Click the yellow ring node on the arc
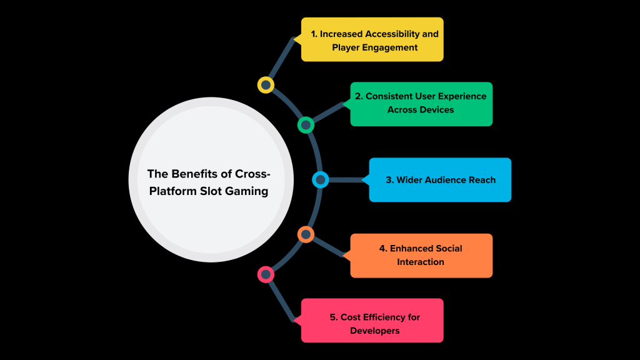point(266,85)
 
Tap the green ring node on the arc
point(306,125)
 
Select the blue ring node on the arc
point(320,180)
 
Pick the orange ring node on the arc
point(306,235)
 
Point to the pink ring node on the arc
point(266,274)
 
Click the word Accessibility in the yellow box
point(395,34)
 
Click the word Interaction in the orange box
point(421,261)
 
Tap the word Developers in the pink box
point(375,330)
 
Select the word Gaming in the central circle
point(249,191)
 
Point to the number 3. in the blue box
point(389,180)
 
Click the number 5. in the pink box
point(334,317)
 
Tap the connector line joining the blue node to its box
point(347,180)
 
